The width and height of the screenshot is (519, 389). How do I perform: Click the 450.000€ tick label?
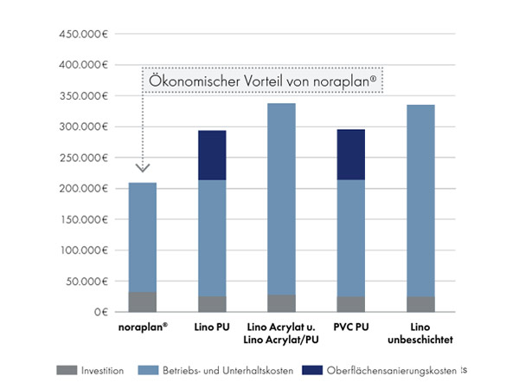[x=83, y=35]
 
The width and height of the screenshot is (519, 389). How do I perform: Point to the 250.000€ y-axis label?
[x=83, y=158]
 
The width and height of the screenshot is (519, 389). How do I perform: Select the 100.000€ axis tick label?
[x=83, y=250]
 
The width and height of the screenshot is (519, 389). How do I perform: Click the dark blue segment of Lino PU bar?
[x=212, y=155]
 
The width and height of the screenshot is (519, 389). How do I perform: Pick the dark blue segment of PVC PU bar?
[x=351, y=154]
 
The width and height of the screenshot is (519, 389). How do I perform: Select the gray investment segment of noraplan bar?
[x=143, y=301]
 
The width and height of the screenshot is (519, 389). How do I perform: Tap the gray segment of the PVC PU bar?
[x=351, y=304]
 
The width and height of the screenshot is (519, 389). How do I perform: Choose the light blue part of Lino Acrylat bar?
[x=281, y=199]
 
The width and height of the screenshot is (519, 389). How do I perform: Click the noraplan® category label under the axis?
[x=143, y=327]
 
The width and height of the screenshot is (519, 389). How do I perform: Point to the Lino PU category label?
[x=212, y=327]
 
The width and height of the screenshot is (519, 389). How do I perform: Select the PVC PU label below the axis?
[x=351, y=327]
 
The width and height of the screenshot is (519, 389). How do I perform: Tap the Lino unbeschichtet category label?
[x=421, y=334]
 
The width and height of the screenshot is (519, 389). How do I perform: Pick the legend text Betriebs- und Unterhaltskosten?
[x=220, y=371]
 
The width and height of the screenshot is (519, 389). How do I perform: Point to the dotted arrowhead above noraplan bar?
[x=143, y=167]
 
